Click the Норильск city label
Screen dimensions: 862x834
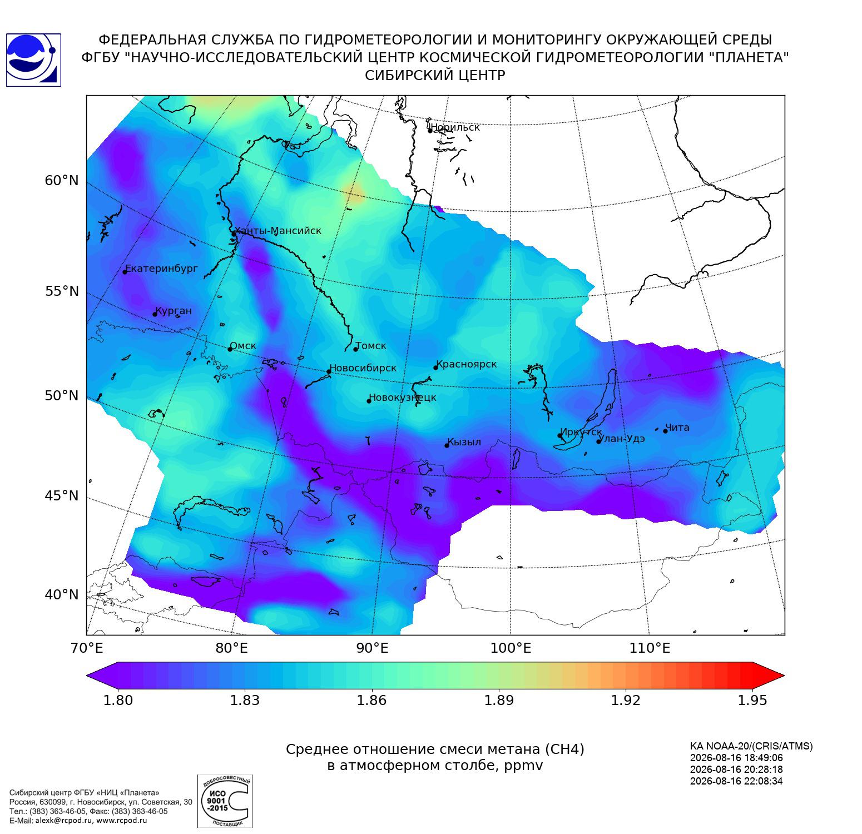click(455, 127)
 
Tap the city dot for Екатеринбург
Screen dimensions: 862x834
click(125, 271)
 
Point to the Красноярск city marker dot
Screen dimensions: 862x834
click(436, 368)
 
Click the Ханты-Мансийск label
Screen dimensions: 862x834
click(278, 231)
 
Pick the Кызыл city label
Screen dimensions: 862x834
click(464, 442)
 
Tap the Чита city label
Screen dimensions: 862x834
click(677, 428)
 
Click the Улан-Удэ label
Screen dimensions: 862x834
click(622, 439)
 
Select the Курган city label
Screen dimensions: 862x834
click(173, 311)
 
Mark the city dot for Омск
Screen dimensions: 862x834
click(230, 349)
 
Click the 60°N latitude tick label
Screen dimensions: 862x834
click(62, 181)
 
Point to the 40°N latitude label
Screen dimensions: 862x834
click(62, 594)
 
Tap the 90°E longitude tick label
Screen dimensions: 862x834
click(372, 648)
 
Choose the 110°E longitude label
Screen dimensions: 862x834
click(648, 648)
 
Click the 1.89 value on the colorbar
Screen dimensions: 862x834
click(498, 700)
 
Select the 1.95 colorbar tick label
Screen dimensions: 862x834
click(752, 700)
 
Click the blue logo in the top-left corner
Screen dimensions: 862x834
click(33, 60)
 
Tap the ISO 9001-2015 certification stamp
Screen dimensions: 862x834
click(225, 801)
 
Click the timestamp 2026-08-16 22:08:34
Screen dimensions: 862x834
click(736, 781)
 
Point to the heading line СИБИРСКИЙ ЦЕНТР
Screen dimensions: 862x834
click(435, 76)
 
